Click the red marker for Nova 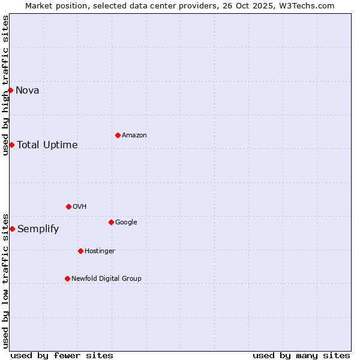click(10, 90)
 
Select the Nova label click(28, 91)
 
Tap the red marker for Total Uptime click(11, 145)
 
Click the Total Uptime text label click(47, 145)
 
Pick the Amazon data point click(118, 135)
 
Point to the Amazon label click(134, 135)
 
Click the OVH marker click(68, 206)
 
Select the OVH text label click(80, 206)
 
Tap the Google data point click(111, 222)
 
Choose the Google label click(126, 222)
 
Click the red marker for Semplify click(12, 229)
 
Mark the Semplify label click(38, 229)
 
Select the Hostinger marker click(80, 251)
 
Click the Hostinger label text click(100, 251)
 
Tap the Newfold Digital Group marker click(67, 278)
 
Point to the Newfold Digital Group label click(107, 278)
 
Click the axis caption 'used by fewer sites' click(62, 355)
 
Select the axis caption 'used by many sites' click(301, 355)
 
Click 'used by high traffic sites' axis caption click(5, 85)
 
